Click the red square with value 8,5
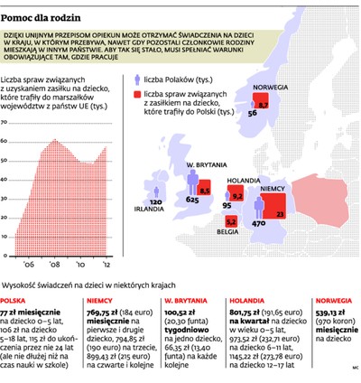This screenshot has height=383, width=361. click(204, 190)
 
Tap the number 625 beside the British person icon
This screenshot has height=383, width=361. click(190, 199)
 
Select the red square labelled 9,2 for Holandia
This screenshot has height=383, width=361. click(238, 195)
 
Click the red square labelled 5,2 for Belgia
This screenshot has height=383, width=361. click(230, 220)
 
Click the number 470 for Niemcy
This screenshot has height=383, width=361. click(258, 222)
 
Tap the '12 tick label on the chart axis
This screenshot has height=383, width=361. click(106, 265)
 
